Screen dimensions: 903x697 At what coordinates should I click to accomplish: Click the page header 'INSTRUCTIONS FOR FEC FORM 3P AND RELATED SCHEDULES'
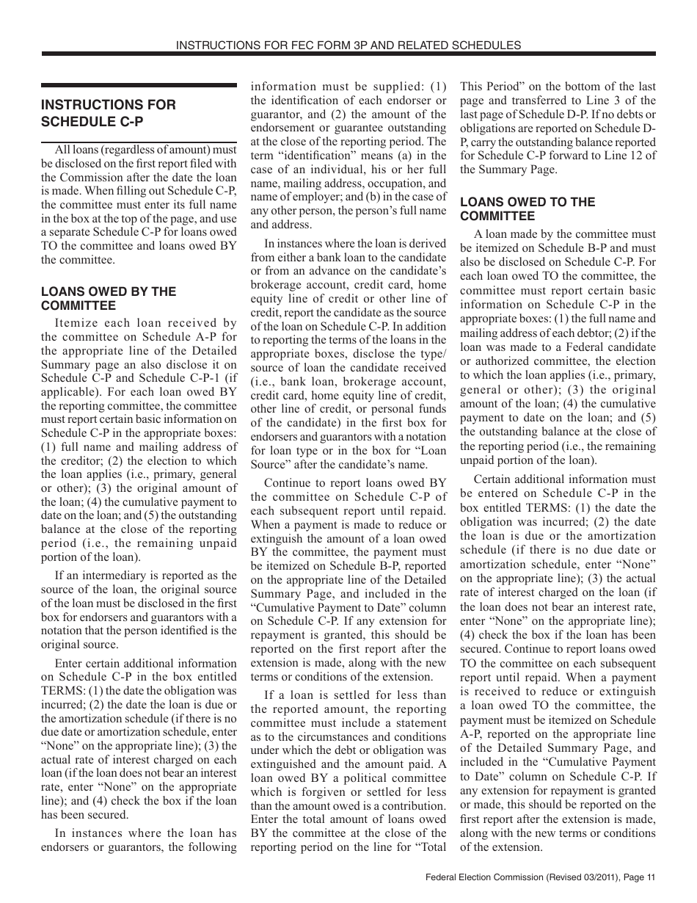click(x=348, y=46)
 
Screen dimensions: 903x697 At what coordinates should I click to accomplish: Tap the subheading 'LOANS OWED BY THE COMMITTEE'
click(x=109, y=299)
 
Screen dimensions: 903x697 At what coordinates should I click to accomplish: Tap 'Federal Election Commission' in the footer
click(x=484, y=878)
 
